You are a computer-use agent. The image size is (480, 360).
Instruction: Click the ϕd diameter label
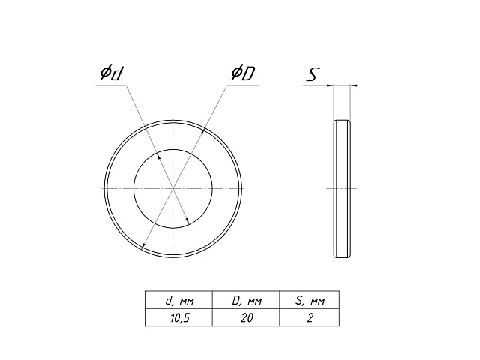click(112, 73)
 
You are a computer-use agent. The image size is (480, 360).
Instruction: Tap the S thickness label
click(313, 74)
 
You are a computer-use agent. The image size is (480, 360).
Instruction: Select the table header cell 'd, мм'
click(180, 301)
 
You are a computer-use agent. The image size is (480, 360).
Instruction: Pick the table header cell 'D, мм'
click(247, 301)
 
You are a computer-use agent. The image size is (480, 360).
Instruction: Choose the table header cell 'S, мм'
click(310, 301)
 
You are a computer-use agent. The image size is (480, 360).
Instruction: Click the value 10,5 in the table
click(180, 318)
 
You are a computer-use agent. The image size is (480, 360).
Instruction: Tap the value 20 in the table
click(247, 318)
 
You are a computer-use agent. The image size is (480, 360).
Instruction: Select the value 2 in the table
click(310, 318)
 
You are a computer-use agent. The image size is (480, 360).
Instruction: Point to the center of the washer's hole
click(173, 188)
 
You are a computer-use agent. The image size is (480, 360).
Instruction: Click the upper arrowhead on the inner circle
click(158, 156)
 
